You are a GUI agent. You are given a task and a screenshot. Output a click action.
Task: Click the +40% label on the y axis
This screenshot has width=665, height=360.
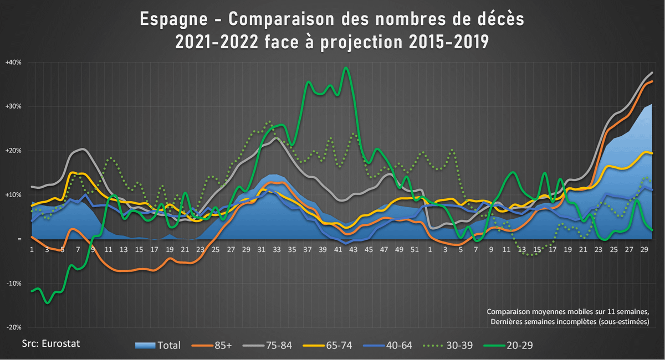(14, 62)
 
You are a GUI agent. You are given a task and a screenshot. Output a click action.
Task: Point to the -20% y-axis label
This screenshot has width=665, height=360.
(14, 327)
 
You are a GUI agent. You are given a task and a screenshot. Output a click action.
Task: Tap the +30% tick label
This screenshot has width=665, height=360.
(14, 106)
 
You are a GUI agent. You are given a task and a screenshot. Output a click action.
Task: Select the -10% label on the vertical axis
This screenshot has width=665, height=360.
(14, 283)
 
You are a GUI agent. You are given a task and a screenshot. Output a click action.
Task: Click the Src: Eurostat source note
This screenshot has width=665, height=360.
(51, 343)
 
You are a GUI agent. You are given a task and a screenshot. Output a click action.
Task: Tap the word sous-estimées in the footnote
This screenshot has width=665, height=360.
(625, 322)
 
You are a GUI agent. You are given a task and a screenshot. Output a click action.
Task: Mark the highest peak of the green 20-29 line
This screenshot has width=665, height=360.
(346, 68)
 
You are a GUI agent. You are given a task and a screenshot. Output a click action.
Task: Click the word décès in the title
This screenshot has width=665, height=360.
(495, 20)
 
